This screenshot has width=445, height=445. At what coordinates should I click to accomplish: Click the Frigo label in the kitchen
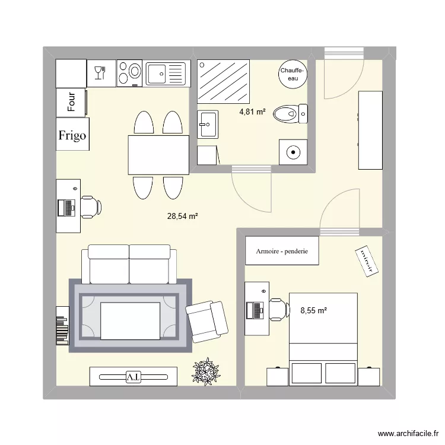click(x=72, y=135)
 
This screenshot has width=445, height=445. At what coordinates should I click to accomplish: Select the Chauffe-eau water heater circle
click(x=293, y=74)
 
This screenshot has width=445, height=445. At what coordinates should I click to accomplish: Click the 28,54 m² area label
click(x=182, y=217)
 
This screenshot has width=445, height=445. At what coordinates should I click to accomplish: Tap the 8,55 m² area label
click(x=314, y=309)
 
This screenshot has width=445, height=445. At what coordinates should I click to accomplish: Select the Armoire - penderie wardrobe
click(x=282, y=251)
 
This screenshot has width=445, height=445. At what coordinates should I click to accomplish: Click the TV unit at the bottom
click(x=133, y=376)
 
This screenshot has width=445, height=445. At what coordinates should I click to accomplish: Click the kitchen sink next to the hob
click(x=166, y=74)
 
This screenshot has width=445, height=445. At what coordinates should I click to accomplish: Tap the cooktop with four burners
click(x=130, y=74)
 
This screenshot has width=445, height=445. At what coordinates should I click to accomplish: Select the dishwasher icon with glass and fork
click(x=100, y=73)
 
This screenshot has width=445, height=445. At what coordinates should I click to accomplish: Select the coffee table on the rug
click(x=130, y=321)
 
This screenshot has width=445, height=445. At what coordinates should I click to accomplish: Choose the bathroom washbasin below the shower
click(x=207, y=124)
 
